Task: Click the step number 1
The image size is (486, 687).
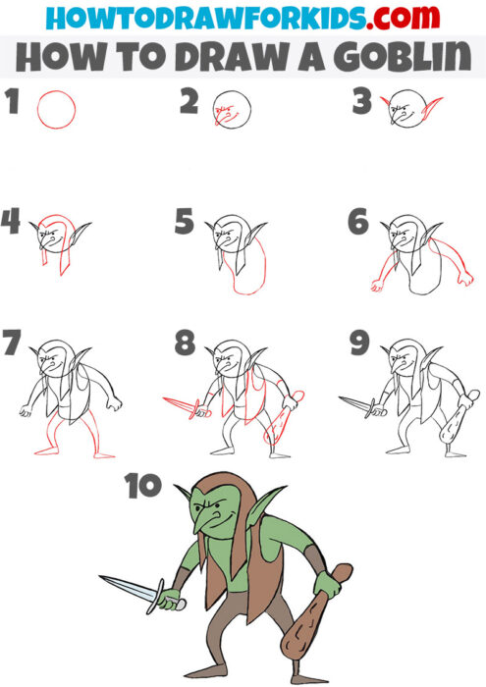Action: (x=13, y=103)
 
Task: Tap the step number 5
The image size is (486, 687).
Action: (x=185, y=223)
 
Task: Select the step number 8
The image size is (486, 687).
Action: (x=184, y=344)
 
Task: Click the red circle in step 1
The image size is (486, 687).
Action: (x=56, y=109)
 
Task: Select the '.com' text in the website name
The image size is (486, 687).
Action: (x=388, y=17)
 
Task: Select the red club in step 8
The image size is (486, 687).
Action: (x=281, y=425)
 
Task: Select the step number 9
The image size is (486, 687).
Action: (x=360, y=344)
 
